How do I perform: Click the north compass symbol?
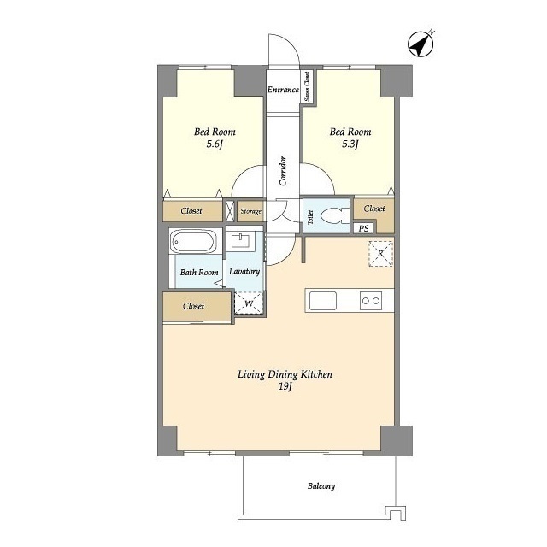tap(421, 44)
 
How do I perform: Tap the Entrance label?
tap(283, 90)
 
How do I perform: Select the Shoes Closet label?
tap(307, 86)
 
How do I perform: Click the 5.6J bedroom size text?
tap(215, 144)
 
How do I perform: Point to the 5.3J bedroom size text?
tap(350, 144)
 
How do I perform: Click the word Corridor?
tap(283, 171)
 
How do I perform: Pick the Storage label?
tap(250, 211)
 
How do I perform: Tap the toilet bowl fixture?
tap(334, 216)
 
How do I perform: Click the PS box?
tap(363, 228)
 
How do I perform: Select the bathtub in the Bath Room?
tap(193, 241)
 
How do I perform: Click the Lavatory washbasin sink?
tap(241, 241)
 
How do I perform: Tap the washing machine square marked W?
tap(249, 303)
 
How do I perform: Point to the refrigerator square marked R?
tap(380, 254)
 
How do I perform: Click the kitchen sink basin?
tap(323, 301)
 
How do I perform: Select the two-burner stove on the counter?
tap(371, 301)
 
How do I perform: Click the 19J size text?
tap(285, 386)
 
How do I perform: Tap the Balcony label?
tap(321, 486)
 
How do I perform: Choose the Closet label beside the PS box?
tap(374, 209)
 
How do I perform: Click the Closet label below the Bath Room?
tap(193, 306)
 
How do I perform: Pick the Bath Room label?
tap(199, 272)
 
